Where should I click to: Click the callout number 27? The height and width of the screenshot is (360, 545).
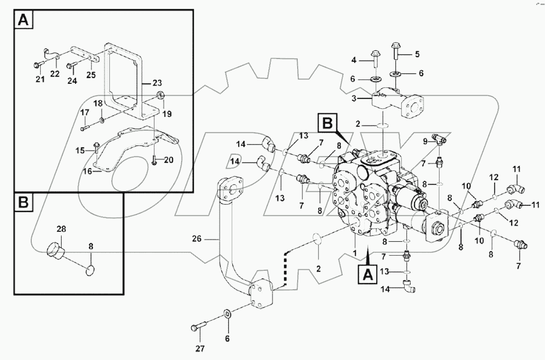click(x=200, y=349)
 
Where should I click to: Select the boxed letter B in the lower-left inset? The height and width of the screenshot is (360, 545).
click(x=23, y=204)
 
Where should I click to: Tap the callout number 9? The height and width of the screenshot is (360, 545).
click(x=425, y=141)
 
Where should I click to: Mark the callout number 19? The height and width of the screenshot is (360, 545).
click(x=167, y=114)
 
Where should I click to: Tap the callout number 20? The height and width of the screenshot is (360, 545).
click(x=169, y=160)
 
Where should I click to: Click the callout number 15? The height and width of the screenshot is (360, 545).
click(x=80, y=150)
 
